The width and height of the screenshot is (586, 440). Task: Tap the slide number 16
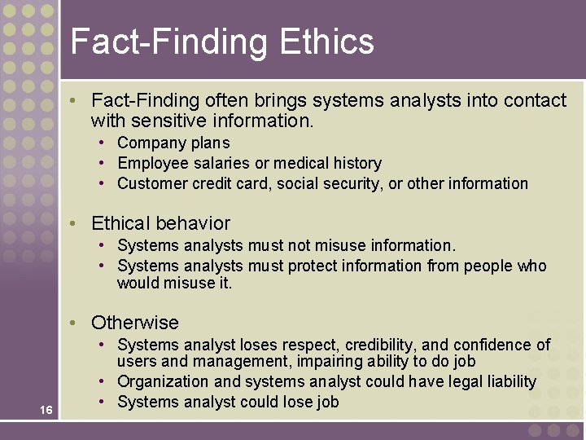tap(46, 410)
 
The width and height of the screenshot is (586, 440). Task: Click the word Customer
tap(152, 183)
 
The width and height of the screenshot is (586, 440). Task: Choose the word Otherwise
tap(135, 323)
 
